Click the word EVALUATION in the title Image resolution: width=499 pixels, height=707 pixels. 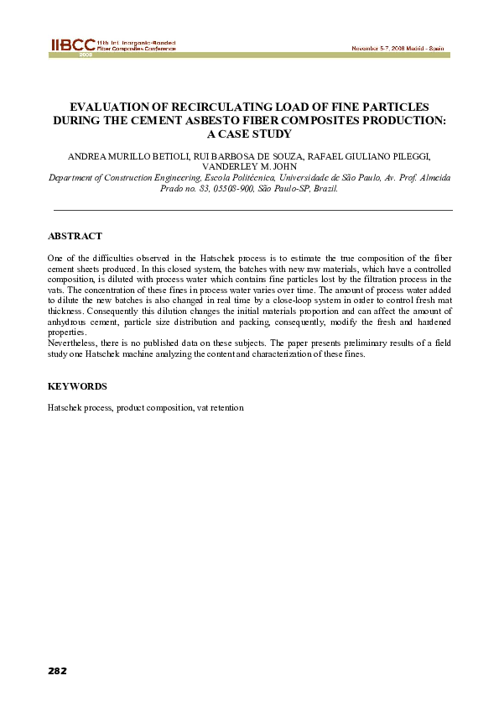(x=107, y=107)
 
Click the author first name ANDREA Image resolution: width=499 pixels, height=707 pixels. (x=87, y=156)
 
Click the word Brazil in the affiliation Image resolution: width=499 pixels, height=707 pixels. (x=323, y=189)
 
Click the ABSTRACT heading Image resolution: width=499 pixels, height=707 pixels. (x=75, y=237)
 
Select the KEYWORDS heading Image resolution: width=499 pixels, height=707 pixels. (x=77, y=386)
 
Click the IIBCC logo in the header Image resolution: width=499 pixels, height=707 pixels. (x=71, y=45)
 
